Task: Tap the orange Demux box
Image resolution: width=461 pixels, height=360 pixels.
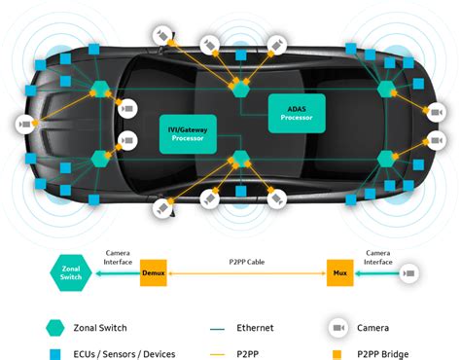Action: point(154,272)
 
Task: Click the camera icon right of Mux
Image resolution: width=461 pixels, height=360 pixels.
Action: point(410,273)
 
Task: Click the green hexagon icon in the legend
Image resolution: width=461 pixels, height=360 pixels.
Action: point(55,327)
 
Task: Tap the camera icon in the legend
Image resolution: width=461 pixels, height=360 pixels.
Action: point(338,328)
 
